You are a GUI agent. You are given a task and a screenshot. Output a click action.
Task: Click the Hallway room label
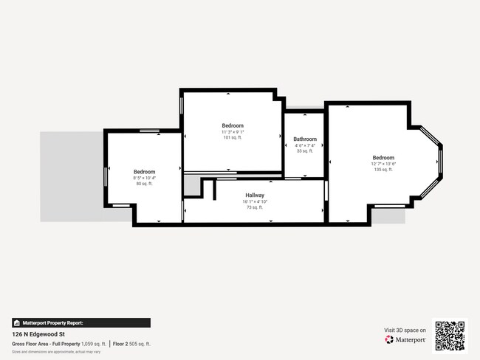[x=255, y=195]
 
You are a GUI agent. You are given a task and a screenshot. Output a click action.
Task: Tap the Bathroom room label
[x=305, y=139]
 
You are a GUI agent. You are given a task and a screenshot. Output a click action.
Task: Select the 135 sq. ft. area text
[x=383, y=170]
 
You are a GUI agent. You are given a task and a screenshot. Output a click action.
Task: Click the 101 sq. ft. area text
[x=233, y=138]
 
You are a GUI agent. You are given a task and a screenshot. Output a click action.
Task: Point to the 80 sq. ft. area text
[x=144, y=184]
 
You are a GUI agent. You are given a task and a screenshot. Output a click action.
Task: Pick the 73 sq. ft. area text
[x=255, y=207]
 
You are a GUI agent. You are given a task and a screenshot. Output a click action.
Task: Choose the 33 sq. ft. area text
[x=305, y=151]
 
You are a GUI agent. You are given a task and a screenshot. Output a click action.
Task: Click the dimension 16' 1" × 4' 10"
[x=255, y=201]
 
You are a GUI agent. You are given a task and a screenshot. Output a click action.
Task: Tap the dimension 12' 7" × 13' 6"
[x=383, y=164]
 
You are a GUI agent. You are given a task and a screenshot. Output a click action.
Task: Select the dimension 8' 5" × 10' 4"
[x=144, y=178]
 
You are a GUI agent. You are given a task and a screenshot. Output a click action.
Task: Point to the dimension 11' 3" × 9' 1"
[x=233, y=132]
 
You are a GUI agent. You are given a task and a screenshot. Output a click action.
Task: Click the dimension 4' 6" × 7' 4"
[x=305, y=145]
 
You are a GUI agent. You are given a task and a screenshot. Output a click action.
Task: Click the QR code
[x=450, y=335]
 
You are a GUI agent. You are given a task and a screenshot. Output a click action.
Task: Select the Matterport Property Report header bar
[x=81, y=322]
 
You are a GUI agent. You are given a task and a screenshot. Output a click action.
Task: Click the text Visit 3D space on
[x=405, y=330]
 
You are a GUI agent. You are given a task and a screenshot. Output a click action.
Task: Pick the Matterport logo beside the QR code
[x=405, y=340]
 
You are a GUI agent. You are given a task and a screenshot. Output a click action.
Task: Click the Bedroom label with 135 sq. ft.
[x=383, y=158]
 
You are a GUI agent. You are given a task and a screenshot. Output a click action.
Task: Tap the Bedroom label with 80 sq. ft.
[x=144, y=172]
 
